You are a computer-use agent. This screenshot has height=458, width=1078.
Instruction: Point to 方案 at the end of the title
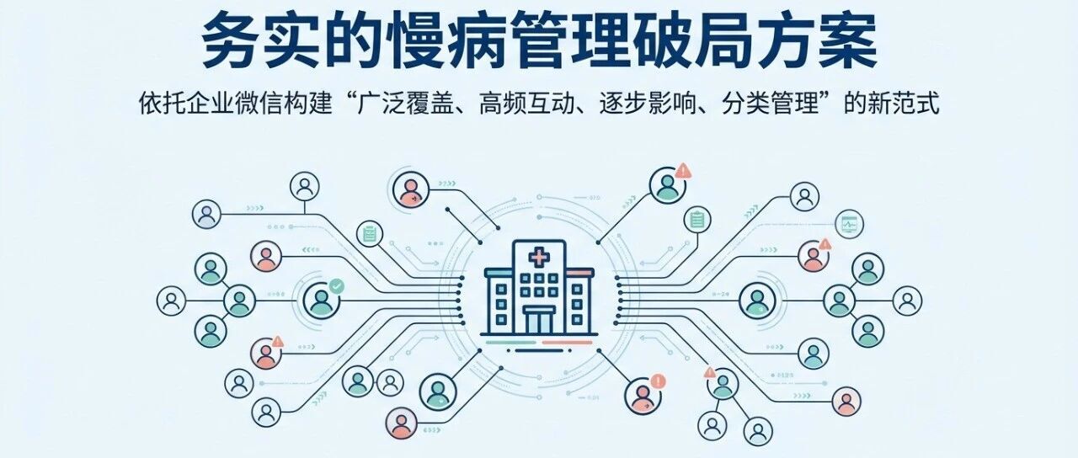coord(818,41)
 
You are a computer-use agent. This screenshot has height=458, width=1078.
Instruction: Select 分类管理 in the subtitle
coord(770,104)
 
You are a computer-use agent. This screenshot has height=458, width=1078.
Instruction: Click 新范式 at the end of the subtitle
coord(904,104)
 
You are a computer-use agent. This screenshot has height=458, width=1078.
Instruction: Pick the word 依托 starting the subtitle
coord(163,104)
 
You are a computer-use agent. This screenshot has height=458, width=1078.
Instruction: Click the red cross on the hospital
coord(539,258)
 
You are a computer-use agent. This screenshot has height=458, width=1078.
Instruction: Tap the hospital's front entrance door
coord(539,321)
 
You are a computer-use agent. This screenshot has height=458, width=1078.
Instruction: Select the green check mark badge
coord(336,285)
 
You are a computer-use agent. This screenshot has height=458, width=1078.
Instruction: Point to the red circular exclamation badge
coord(658,382)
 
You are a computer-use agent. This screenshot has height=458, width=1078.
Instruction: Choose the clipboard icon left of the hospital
coord(370,235)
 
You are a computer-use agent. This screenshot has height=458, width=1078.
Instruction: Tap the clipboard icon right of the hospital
coord(697,220)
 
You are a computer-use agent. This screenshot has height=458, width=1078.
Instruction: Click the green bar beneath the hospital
coord(510,343)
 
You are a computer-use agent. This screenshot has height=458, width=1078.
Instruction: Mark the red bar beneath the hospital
coord(568,343)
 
